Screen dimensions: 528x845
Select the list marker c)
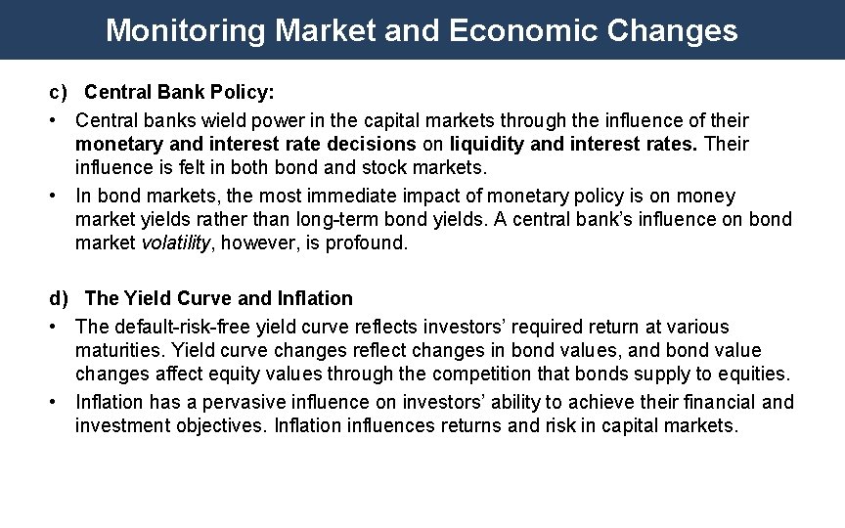coord(59,93)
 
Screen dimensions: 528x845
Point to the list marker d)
coord(60,298)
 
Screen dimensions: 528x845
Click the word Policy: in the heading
coord(245,93)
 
